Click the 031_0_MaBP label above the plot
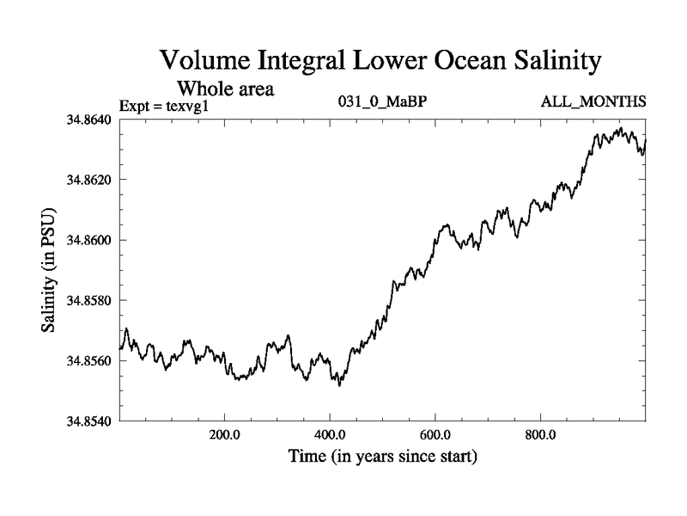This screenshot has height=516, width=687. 382,102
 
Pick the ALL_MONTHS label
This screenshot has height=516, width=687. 593,102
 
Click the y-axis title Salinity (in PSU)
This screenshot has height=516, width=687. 50,270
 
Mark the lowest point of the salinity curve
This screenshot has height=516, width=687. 340,386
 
